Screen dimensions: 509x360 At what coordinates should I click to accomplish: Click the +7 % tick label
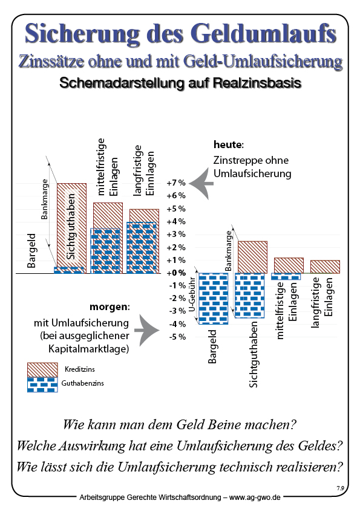coord(175,183)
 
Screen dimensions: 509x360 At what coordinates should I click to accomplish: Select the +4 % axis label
coord(175,221)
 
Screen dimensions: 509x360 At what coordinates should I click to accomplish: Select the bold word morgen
coord(110,306)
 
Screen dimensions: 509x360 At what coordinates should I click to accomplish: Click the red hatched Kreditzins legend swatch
coord(42,369)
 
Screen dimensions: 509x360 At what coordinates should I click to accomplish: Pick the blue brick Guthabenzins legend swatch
coord(42,384)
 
